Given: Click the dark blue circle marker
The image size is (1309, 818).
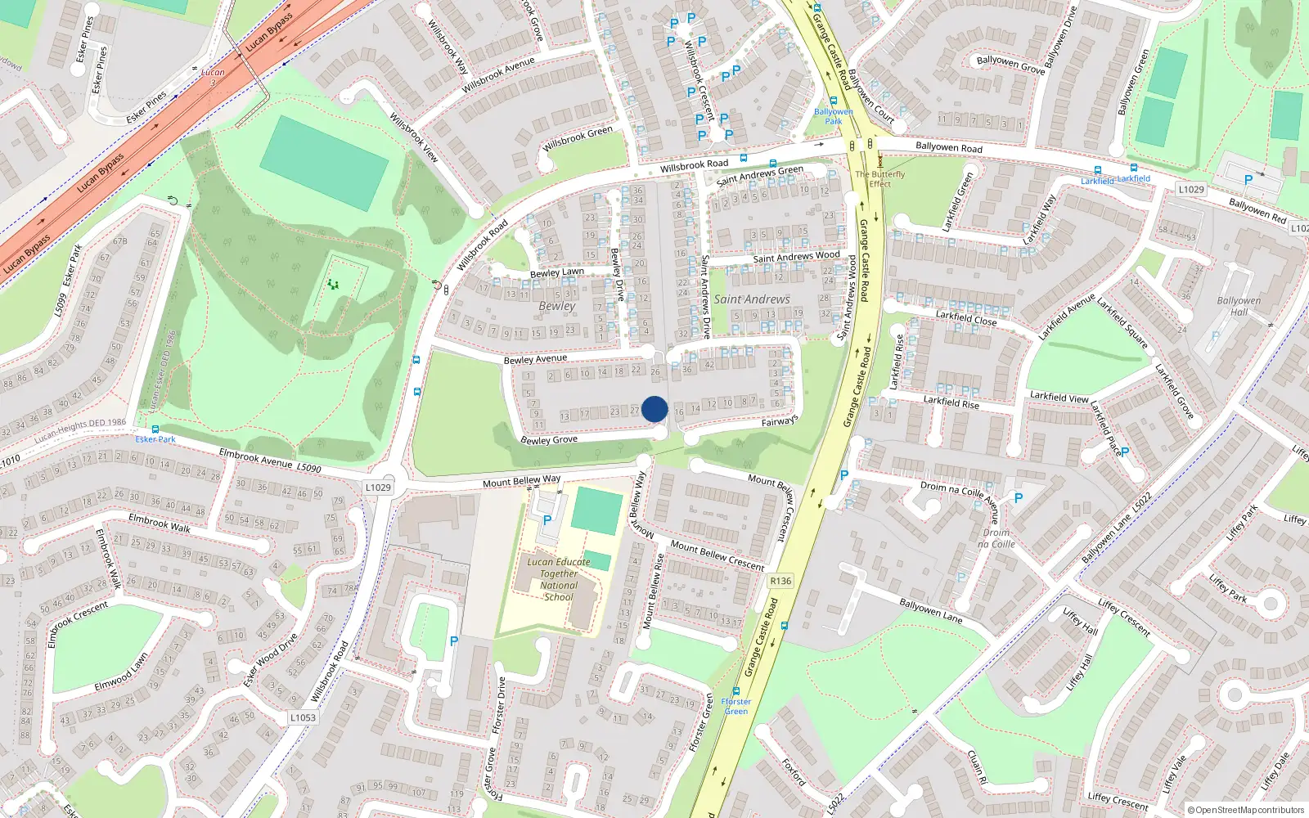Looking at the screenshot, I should (x=654, y=409).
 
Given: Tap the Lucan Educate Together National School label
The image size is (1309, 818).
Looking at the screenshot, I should (x=559, y=579).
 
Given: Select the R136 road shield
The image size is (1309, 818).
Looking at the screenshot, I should (x=780, y=581).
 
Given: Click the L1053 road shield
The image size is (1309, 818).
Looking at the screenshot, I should (x=303, y=717).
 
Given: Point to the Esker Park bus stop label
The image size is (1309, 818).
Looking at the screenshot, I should (x=155, y=439).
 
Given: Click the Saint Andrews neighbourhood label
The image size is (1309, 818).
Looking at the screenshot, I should (x=752, y=299).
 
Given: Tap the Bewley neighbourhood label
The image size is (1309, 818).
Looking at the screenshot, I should (x=557, y=306).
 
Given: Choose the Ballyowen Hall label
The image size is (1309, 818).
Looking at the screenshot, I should (x=1239, y=306).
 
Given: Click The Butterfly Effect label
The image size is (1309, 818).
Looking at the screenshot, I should (x=880, y=178).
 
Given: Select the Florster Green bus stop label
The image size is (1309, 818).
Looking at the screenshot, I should (x=736, y=706).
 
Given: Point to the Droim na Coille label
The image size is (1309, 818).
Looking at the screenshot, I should (x=996, y=538).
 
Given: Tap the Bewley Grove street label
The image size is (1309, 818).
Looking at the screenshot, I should (x=549, y=440).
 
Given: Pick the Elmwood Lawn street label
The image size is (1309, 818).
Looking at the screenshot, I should (x=121, y=672).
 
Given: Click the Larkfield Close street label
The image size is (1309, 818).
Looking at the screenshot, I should (x=966, y=318).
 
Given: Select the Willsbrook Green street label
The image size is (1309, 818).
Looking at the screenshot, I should (x=578, y=138).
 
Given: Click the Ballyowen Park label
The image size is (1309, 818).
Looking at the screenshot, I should (x=833, y=116).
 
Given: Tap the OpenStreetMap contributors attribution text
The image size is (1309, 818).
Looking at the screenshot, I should (x=1248, y=810).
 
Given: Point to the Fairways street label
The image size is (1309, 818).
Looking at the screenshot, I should (x=780, y=421).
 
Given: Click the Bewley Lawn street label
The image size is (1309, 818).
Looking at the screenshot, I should (x=557, y=272).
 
